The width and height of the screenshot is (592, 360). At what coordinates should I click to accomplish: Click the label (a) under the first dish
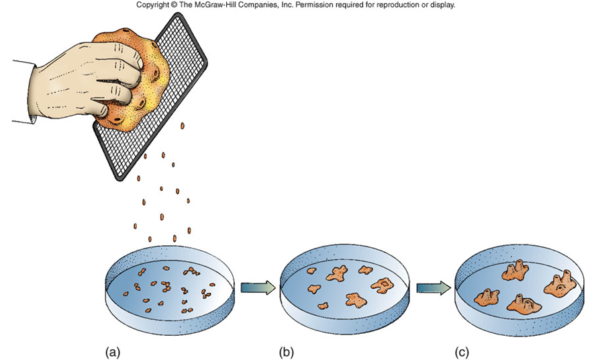pos(112,351)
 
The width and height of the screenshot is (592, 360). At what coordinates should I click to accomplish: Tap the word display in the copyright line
pos(442,5)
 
